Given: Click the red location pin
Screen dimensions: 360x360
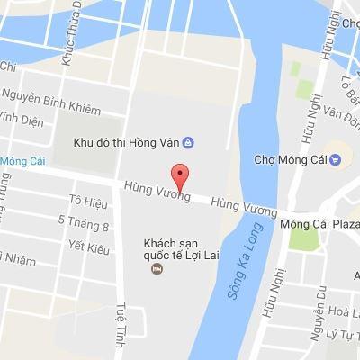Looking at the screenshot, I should click(x=180, y=175).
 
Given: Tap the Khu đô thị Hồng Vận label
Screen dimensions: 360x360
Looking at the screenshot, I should click(x=125, y=143).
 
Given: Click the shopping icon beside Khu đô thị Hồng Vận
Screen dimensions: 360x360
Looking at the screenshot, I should click(x=189, y=142).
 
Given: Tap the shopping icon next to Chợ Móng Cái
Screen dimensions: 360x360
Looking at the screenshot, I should click(x=335, y=161).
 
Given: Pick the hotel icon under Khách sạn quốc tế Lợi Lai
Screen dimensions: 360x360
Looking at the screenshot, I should click(x=157, y=270).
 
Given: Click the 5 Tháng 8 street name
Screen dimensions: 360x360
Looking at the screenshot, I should click(x=83, y=222).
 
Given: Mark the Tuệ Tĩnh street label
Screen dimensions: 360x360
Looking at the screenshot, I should click(x=121, y=327).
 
